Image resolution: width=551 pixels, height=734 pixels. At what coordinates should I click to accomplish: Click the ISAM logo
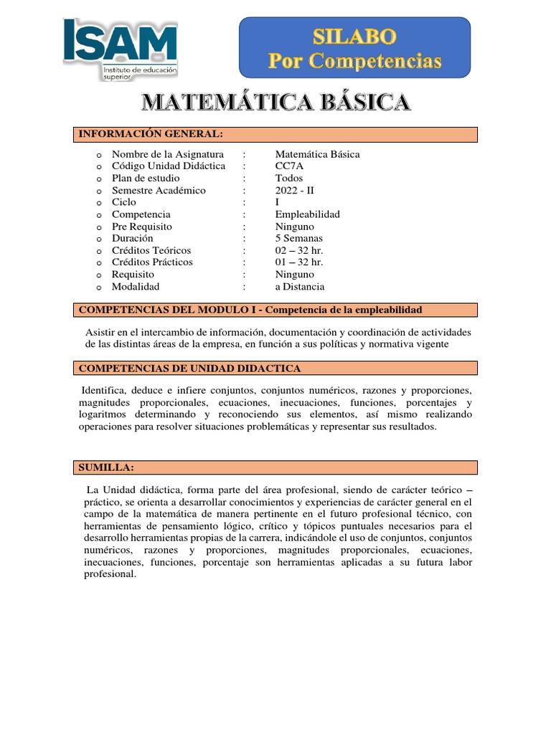click(x=120, y=48)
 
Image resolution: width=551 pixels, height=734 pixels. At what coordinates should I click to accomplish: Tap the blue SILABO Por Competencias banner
click(x=354, y=47)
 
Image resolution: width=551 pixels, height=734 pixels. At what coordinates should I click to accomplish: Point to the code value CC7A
click(x=290, y=166)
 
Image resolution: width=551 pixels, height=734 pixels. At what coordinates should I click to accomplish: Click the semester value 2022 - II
click(x=295, y=191)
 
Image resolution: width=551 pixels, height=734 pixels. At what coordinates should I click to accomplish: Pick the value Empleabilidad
click(x=308, y=214)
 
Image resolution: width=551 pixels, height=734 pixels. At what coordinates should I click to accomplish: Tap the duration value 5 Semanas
click(x=299, y=238)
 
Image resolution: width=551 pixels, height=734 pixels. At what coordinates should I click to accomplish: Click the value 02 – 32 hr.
click(x=299, y=250)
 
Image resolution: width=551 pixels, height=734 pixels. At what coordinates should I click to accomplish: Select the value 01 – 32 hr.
click(x=299, y=262)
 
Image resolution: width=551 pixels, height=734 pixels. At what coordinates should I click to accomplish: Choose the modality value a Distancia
click(x=300, y=287)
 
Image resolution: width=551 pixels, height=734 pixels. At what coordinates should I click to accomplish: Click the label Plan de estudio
click(x=146, y=178)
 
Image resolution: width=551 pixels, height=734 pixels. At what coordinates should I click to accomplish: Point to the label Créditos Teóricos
click(x=151, y=250)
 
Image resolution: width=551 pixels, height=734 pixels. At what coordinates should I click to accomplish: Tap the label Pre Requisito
click(x=142, y=227)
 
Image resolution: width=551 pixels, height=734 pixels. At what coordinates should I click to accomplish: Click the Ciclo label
click(x=123, y=202)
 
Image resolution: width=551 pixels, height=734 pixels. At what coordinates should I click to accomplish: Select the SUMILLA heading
click(x=106, y=467)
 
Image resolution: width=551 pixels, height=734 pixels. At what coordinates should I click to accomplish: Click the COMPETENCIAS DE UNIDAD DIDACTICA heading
click(x=189, y=368)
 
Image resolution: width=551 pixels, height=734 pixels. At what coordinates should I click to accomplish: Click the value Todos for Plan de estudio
click(x=289, y=178)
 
